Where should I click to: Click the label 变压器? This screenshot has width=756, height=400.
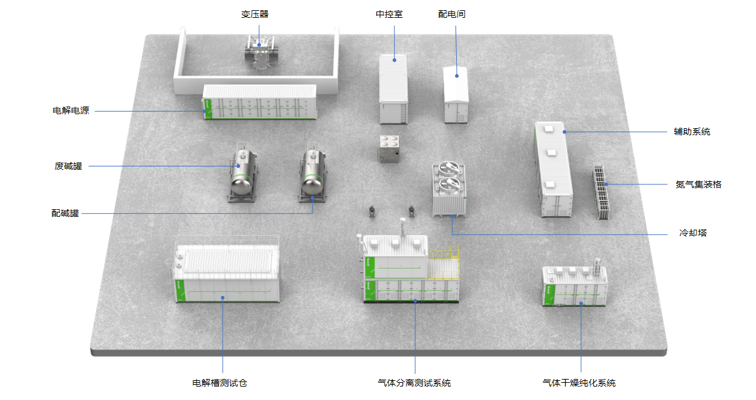(255, 14)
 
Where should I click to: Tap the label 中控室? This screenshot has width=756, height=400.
(389, 14)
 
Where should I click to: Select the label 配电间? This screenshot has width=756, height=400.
(452, 14)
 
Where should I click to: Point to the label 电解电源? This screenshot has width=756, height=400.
(71, 111)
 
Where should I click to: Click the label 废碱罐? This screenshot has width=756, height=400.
(68, 167)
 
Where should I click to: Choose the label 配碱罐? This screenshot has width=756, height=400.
(66, 213)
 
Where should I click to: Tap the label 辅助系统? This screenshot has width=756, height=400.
(692, 132)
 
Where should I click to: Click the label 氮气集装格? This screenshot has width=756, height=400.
(699, 184)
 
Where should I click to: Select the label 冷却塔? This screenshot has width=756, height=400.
(693, 233)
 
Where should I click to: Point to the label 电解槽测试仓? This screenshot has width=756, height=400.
(219, 383)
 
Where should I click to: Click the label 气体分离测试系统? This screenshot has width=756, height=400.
(414, 383)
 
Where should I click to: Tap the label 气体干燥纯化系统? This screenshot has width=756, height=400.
(579, 383)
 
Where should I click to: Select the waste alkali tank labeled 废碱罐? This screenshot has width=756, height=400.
(242, 173)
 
